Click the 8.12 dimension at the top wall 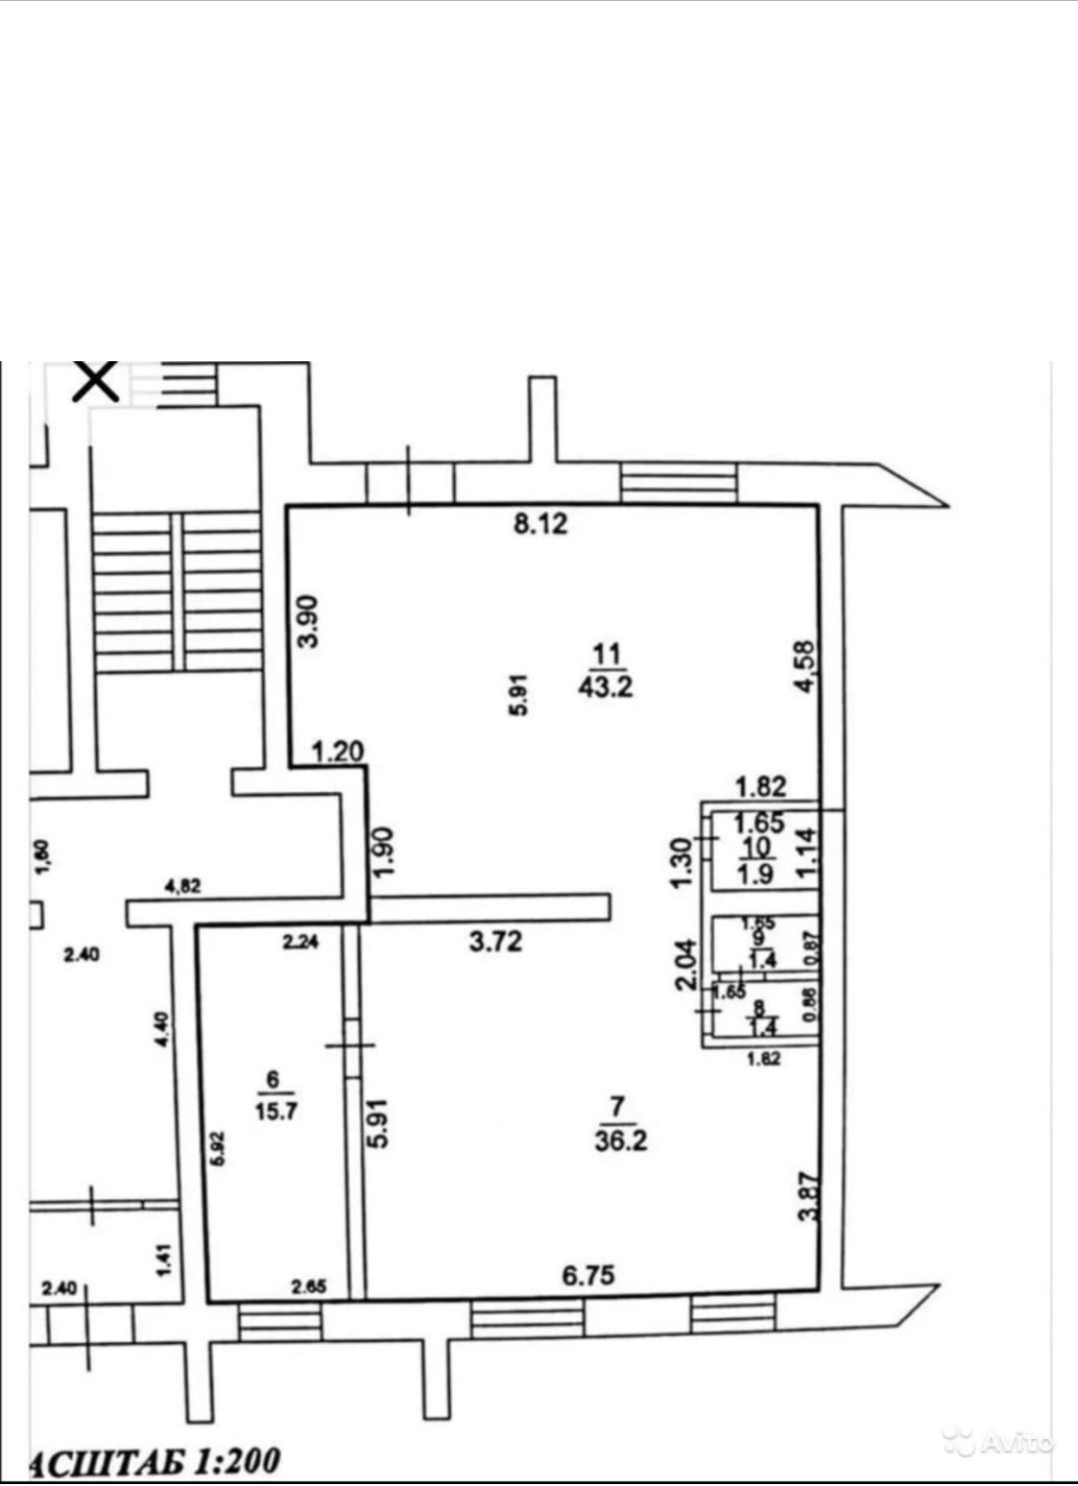point(540,523)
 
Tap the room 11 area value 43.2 point(606,686)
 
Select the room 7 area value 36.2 point(621,1140)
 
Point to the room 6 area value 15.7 point(274,1111)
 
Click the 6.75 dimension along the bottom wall point(587,1275)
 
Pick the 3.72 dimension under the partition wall point(495,941)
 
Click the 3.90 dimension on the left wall point(309,621)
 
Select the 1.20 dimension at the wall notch point(338,751)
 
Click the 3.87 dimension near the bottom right point(810,1197)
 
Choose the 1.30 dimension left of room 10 point(682,862)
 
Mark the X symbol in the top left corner point(97,380)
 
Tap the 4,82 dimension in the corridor point(182,886)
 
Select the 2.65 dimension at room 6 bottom point(309,1287)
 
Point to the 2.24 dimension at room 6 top point(300,942)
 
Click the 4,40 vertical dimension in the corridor point(162,1029)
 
